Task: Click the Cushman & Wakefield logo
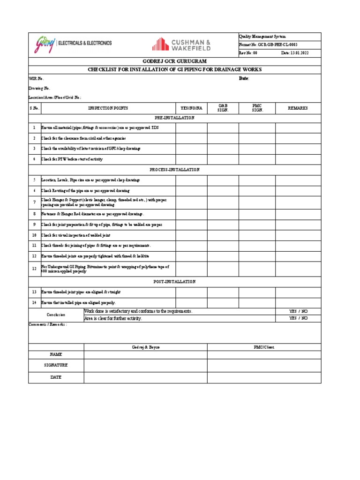(x=181, y=45)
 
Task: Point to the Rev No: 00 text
(x=248, y=53)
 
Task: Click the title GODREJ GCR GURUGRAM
(x=174, y=61)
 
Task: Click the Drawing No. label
(x=39, y=88)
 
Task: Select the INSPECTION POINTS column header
(x=108, y=108)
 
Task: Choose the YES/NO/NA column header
(x=191, y=108)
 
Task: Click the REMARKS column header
(x=298, y=108)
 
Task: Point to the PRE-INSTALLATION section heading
(x=174, y=118)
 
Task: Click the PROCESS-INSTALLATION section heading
(x=174, y=170)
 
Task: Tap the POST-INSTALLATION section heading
(x=174, y=282)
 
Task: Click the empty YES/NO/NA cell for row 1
(x=191, y=128)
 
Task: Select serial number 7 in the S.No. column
(x=34, y=202)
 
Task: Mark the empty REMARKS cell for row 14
(x=298, y=303)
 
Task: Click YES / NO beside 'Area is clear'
(x=298, y=318)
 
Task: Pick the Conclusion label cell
(x=56, y=315)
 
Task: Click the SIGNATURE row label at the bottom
(x=56, y=365)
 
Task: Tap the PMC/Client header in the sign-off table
(x=264, y=347)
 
